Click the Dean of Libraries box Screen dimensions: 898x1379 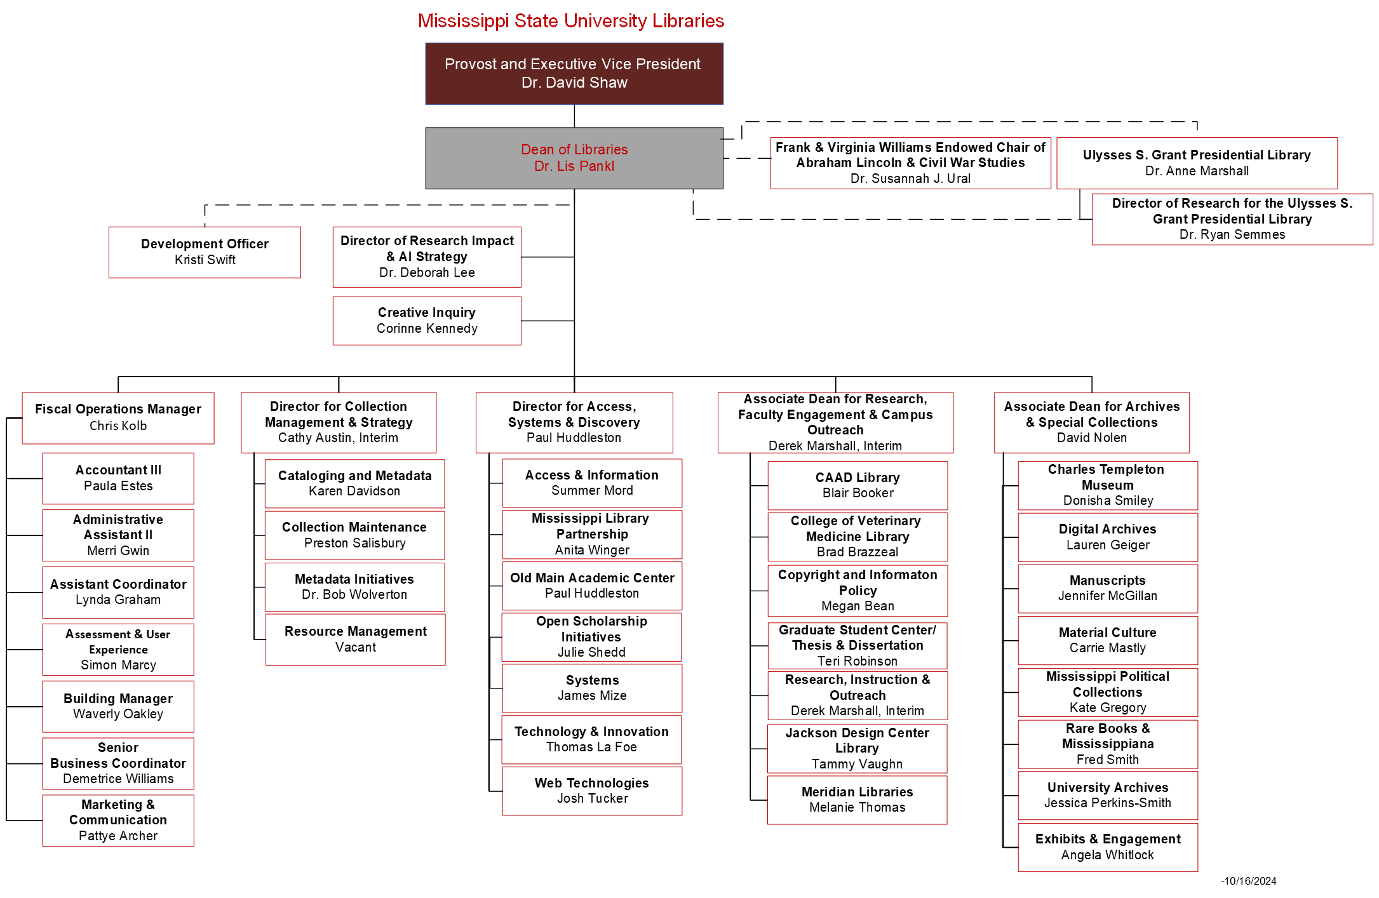click(574, 157)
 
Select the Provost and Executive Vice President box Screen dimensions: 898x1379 click(574, 73)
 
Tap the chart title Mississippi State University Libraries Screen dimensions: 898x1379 click(570, 21)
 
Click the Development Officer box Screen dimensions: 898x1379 click(205, 251)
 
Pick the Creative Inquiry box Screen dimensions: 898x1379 click(427, 320)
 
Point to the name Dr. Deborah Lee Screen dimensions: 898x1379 click(427, 272)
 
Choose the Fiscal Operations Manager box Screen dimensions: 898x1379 click(118, 417)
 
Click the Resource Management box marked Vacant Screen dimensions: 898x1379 click(355, 639)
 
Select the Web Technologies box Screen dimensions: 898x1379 click(592, 791)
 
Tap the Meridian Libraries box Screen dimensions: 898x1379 click(857, 800)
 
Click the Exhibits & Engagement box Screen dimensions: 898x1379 click(1107, 847)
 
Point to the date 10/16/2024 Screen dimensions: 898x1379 click(1249, 881)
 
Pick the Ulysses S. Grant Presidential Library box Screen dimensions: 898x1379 click(1197, 163)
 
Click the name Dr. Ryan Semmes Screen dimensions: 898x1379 click(1232, 234)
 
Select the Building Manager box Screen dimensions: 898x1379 click(118, 706)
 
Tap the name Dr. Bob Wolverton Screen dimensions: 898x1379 click(354, 594)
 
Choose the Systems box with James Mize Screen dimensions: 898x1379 click(592, 688)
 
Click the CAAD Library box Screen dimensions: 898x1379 click(857, 485)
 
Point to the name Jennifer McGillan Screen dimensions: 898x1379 click(1107, 596)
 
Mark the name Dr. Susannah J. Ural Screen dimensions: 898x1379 click(910, 178)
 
